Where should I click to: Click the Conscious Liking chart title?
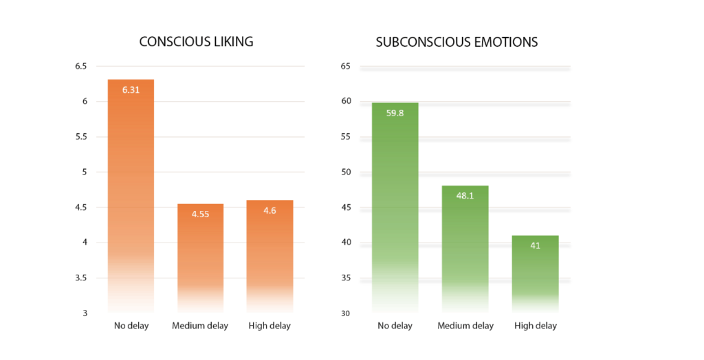point(196,42)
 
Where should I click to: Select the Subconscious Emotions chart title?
point(456,42)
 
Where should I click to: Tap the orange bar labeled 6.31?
point(131,196)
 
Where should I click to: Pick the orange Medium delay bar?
point(200,258)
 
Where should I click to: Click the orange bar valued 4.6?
point(269,256)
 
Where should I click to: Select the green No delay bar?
point(395,207)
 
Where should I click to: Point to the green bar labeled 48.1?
point(465,249)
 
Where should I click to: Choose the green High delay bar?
point(535,274)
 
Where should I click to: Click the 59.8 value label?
point(395,113)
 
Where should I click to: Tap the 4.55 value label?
point(200,214)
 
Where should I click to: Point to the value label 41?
point(535,245)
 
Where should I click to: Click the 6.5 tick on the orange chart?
point(81,67)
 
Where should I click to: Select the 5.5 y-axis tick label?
point(81,137)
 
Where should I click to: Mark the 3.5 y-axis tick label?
point(81,278)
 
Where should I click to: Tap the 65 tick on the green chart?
point(346,67)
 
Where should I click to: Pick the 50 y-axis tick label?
point(346,172)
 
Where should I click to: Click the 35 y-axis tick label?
point(346,278)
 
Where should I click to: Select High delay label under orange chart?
point(269,326)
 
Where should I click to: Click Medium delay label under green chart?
point(465,326)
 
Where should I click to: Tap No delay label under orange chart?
point(131,326)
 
